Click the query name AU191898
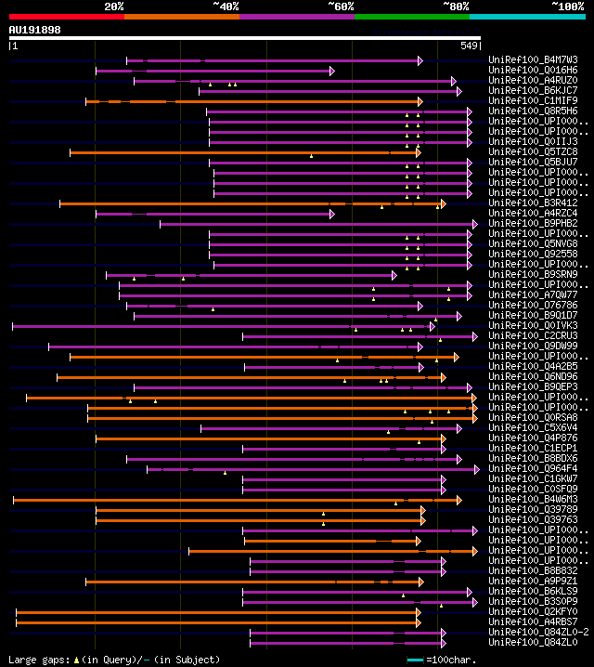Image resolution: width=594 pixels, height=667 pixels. [x=34, y=30]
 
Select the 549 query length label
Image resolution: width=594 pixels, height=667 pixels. [x=469, y=46]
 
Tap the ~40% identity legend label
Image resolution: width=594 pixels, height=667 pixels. [x=226, y=7]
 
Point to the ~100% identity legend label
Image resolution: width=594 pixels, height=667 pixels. [x=568, y=7]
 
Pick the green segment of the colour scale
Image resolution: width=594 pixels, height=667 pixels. [x=411, y=17]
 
